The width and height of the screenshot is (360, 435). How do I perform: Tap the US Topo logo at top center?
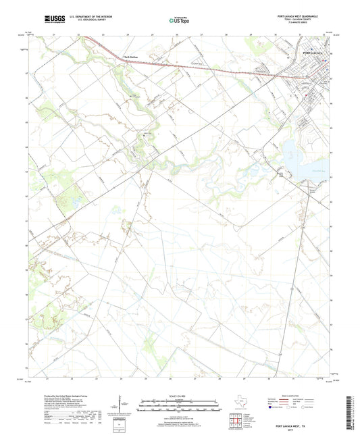coord(178,21)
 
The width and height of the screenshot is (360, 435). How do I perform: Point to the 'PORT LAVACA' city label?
coord(313,53)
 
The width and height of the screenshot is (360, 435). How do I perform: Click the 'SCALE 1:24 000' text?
coord(179,396)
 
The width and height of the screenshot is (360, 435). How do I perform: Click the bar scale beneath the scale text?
coord(179,407)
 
